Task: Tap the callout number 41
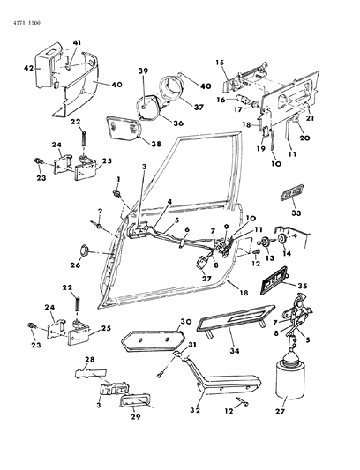pyautogui.click(x=77, y=43)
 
